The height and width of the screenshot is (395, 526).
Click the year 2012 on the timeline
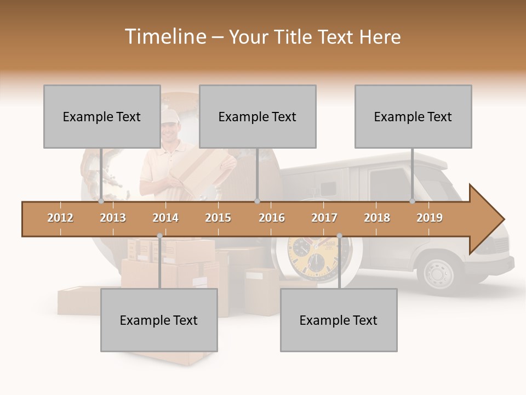(x=60, y=218)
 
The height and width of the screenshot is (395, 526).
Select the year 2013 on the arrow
(x=113, y=218)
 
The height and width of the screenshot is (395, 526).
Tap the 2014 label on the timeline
(x=165, y=218)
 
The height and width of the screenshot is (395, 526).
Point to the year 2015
(x=218, y=218)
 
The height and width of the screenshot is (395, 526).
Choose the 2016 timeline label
(x=272, y=218)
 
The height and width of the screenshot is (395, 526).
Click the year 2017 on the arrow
(x=324, y=218)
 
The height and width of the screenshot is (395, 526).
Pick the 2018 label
(x=377, y=218)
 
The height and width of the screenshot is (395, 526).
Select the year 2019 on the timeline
(x=430, y=218)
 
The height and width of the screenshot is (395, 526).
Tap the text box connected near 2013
(x=102, y=116)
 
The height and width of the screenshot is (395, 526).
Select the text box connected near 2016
(x=258, y=116)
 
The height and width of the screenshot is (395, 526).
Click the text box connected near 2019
(x=413, y=116)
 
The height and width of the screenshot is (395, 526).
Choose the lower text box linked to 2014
(x=159, y=320)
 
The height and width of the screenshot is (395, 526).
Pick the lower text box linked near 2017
(x=339, y=320)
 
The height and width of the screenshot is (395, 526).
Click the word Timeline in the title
(x=164, y=37)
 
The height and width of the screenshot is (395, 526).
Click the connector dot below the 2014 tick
(x=159, y=236)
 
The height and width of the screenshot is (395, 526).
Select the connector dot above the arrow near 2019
(x=413, y=201)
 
